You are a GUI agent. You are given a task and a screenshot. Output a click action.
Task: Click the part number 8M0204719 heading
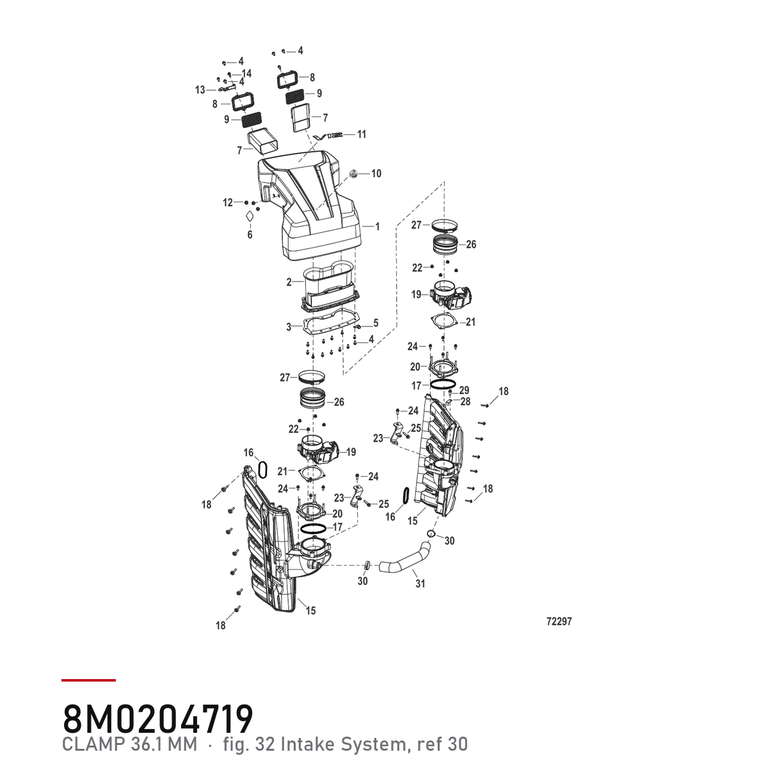coord(158,719)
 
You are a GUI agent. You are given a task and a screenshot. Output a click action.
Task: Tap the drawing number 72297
coord(559,621)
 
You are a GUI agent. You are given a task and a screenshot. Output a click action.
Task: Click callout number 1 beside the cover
coord(378,227)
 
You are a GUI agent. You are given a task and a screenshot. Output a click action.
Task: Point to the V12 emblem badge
coord(328,137)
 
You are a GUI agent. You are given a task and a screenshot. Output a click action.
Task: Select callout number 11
coord(361,134)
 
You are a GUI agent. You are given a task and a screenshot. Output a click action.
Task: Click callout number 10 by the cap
coord(376,173)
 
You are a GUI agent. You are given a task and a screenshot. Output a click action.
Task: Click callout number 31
coord(420,584)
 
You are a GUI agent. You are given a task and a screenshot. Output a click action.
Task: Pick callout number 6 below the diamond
coord(250,234)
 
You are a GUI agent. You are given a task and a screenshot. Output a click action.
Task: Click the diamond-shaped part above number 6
coord(250,216)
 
